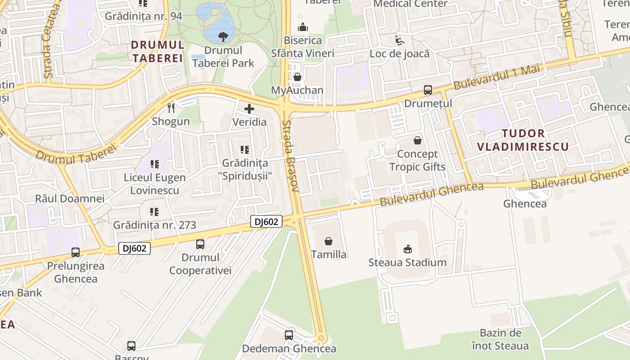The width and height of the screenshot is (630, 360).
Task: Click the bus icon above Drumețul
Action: [427, 90]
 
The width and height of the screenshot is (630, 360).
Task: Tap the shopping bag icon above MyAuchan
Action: [297, 77]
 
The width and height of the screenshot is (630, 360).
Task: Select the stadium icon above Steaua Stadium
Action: [408, 249]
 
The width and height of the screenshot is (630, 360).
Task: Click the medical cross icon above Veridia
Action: [249, 108]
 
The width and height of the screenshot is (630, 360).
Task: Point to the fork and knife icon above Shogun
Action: [171, 108]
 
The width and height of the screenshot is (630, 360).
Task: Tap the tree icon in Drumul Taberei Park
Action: [223, 36]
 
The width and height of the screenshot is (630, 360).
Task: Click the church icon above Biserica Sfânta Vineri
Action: [303, 27]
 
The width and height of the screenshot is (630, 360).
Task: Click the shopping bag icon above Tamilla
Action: [328, 241]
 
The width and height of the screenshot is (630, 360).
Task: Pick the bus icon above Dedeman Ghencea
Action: [289, 335]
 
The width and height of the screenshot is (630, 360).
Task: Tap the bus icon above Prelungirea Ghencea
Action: [76, 252]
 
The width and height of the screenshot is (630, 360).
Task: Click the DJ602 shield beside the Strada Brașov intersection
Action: [266, 221]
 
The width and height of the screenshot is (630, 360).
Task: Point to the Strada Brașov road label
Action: [291, 155]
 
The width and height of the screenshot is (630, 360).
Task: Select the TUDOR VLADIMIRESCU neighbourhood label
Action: [523, 140]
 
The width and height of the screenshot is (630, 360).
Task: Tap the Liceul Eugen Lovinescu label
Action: [155, 184]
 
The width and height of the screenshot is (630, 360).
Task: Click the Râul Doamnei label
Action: [70, 198]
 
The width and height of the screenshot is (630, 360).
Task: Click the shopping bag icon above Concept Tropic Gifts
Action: [418, 140]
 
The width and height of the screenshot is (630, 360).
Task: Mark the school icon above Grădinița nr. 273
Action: [154, 211]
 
